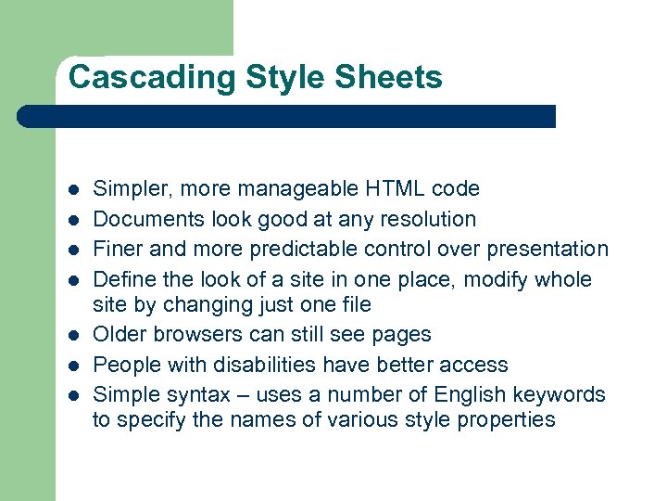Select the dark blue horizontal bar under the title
click(x=287, y=116)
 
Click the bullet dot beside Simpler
click(x=73, y=190)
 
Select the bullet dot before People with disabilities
click(x=73, y=366)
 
